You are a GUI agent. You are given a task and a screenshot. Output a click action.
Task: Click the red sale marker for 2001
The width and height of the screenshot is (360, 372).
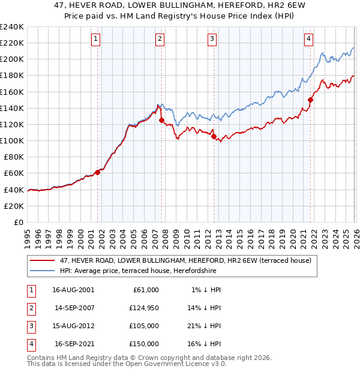pos(97,172)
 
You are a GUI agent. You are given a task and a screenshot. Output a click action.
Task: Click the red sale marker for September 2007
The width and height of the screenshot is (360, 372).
pos(161,121)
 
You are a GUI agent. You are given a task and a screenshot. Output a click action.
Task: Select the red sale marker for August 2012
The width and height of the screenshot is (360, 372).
pos(214,137)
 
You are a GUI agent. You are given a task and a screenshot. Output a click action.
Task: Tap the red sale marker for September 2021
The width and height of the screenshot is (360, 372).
pos(310,100)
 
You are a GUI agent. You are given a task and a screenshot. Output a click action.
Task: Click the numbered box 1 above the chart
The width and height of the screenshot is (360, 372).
pos(96,40)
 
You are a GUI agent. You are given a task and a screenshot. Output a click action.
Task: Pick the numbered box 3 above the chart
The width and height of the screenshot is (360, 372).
pos(212,40)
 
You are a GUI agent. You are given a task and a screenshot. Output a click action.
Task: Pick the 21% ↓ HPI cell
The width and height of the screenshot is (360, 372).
pos(204,327)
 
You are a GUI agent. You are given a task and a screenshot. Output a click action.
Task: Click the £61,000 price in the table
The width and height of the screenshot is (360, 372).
pos(145,290)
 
